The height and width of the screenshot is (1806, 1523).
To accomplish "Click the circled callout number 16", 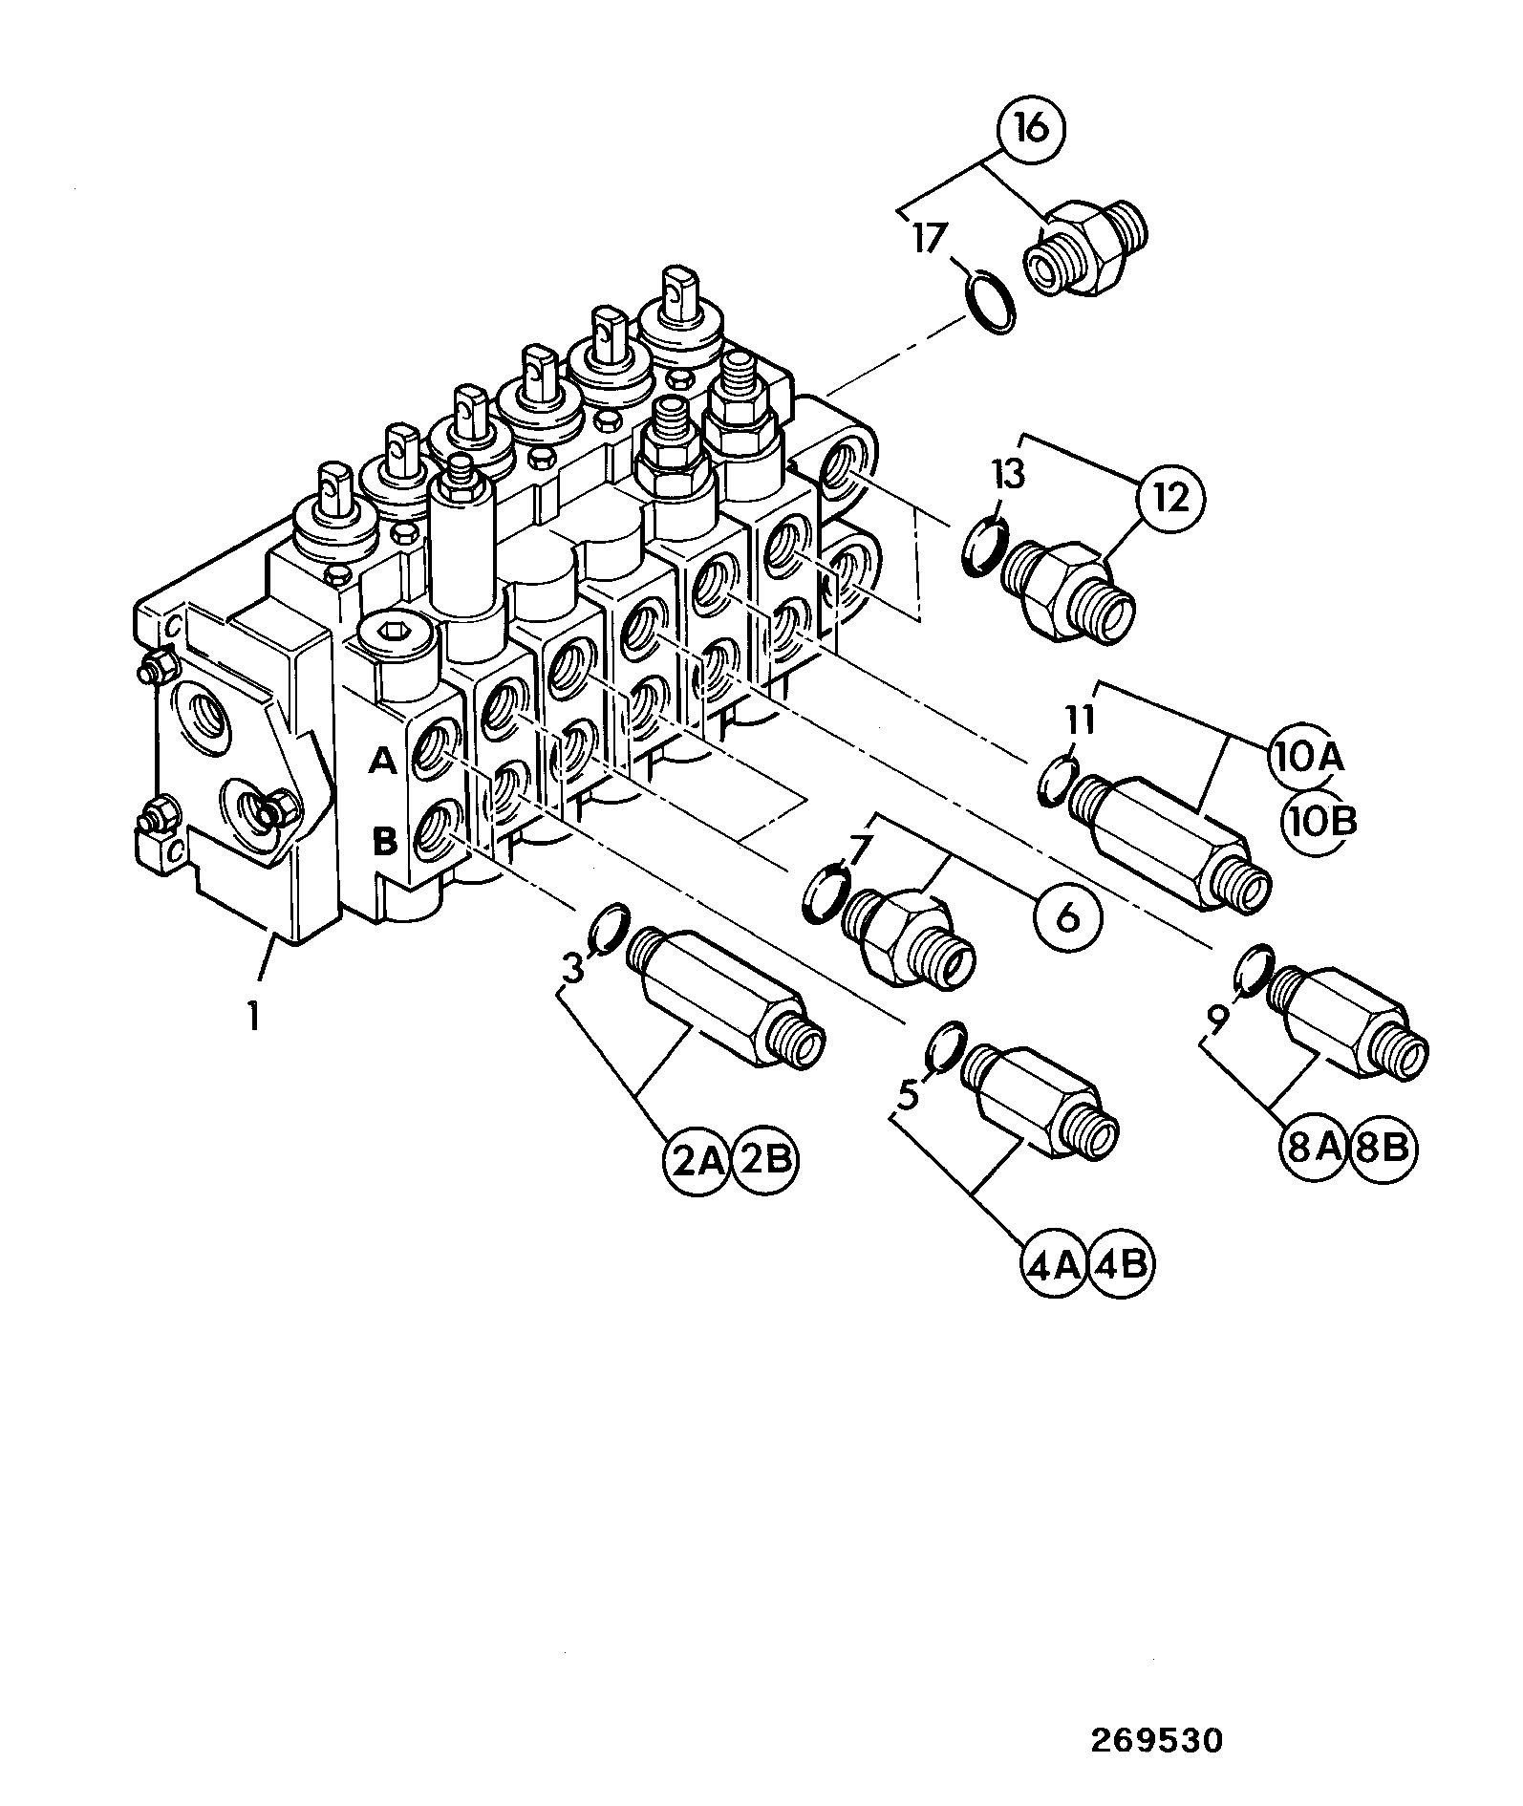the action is pos(1032,127).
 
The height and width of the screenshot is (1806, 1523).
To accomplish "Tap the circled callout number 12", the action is pos(1171,497).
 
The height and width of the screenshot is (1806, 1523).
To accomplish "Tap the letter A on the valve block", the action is pos(382,762).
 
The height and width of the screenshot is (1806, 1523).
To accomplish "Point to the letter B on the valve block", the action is pos(383,842).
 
